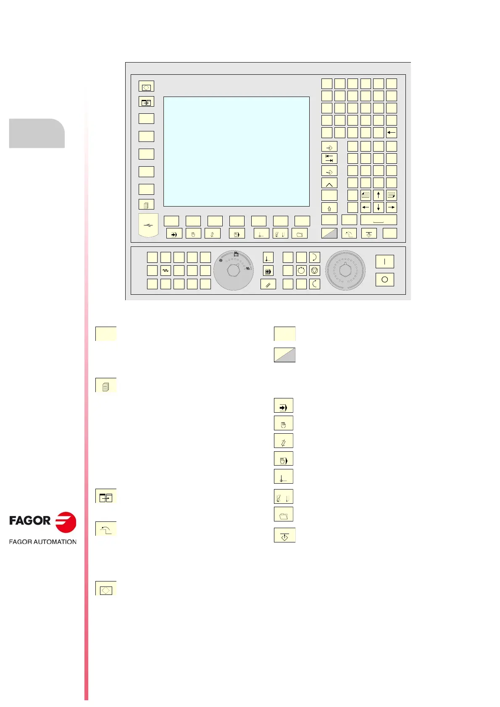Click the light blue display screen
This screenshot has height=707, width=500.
(236, 152)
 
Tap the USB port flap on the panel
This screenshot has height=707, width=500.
(148, 225)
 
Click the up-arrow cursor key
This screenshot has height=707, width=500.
(379, 195)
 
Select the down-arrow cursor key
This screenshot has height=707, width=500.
(379, 207)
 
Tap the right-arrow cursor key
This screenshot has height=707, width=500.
(392, 207)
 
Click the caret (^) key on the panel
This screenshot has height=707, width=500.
(329, 183)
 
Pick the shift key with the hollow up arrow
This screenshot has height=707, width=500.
(329, 208)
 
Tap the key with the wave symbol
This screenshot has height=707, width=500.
(166, 271)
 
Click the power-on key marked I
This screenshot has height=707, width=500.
(384, 262)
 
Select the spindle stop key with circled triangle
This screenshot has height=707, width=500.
(315, 271)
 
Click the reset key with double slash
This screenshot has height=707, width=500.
(268, 284)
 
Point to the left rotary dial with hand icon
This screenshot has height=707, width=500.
(233, 271)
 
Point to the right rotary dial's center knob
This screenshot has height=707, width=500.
(345, 271)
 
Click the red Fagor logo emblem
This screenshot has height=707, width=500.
(66, 522)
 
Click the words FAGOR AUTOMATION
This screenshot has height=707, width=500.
(43, 542)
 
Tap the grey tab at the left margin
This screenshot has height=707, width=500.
(37, 134)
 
